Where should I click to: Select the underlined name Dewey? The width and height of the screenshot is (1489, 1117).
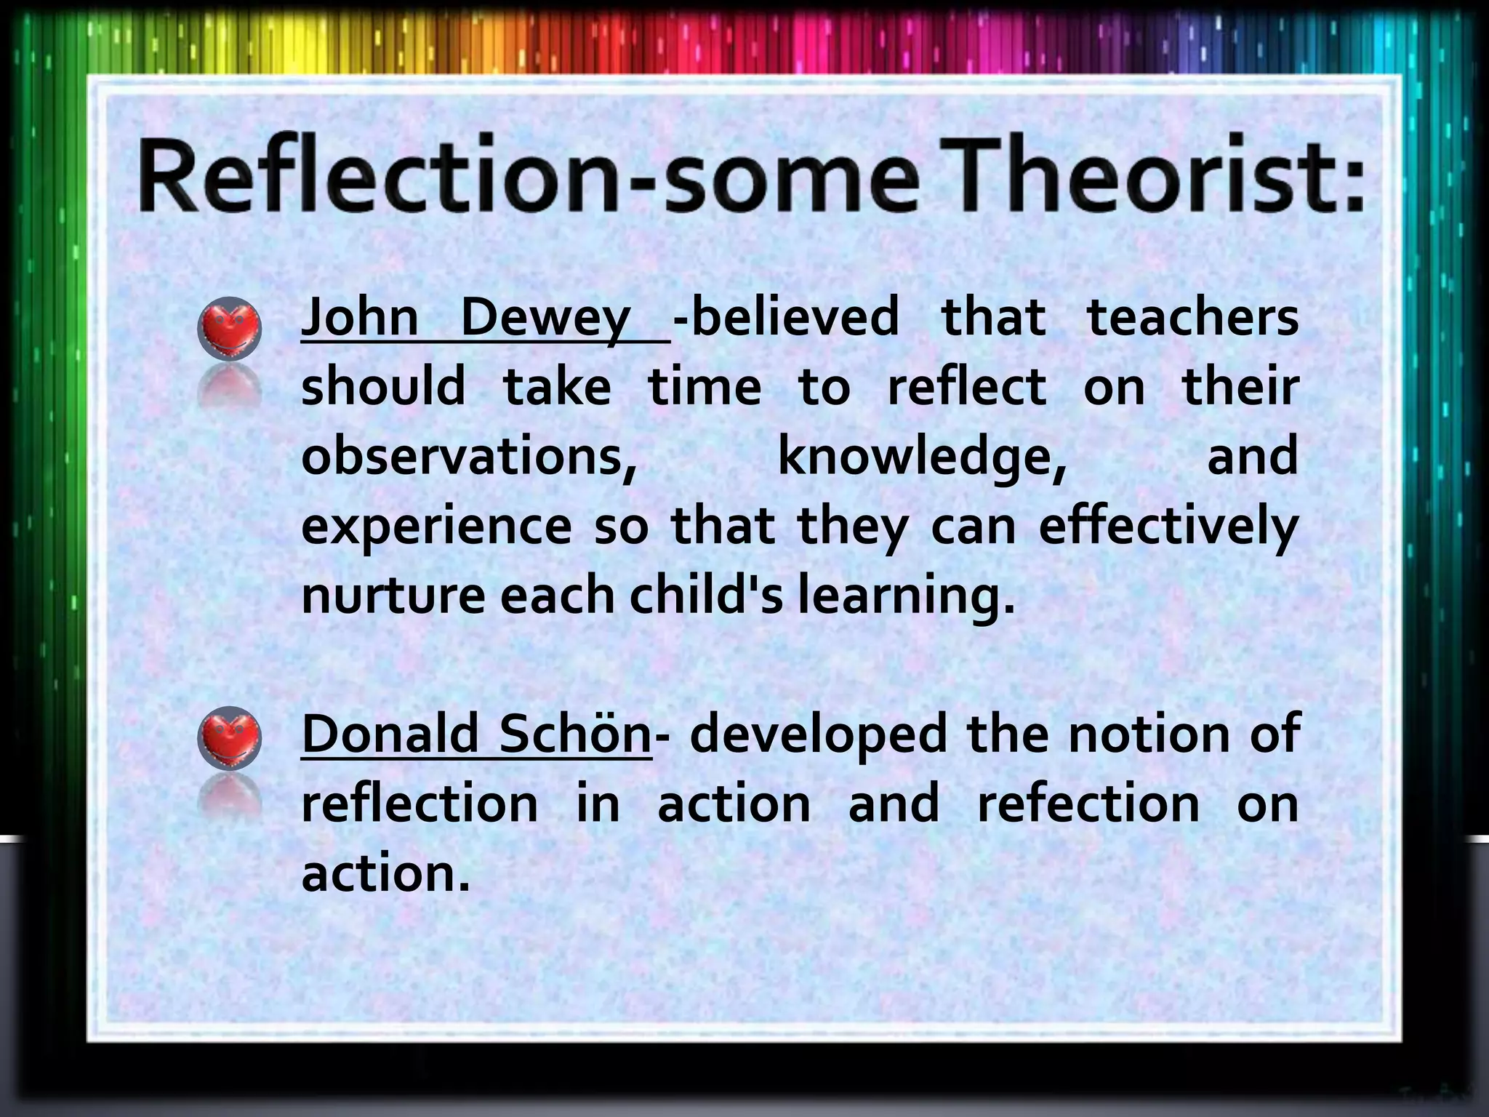coord(545,319)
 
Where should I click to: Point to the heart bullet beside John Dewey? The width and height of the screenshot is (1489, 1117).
coord(229,329)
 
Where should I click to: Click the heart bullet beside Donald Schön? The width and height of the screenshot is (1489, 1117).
coord(229,738)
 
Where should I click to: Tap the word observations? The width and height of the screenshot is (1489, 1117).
coord(469,456)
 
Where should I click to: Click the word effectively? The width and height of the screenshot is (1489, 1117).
coord(1168,527)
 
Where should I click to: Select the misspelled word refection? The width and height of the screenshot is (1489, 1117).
coord(1088,804)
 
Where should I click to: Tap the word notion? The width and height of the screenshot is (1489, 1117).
coord(1149,734)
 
